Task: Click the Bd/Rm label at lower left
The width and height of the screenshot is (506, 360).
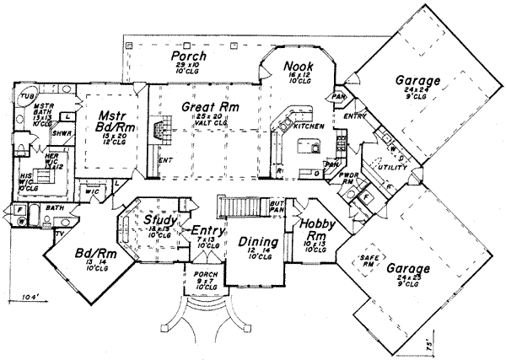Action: pos(83,255)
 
